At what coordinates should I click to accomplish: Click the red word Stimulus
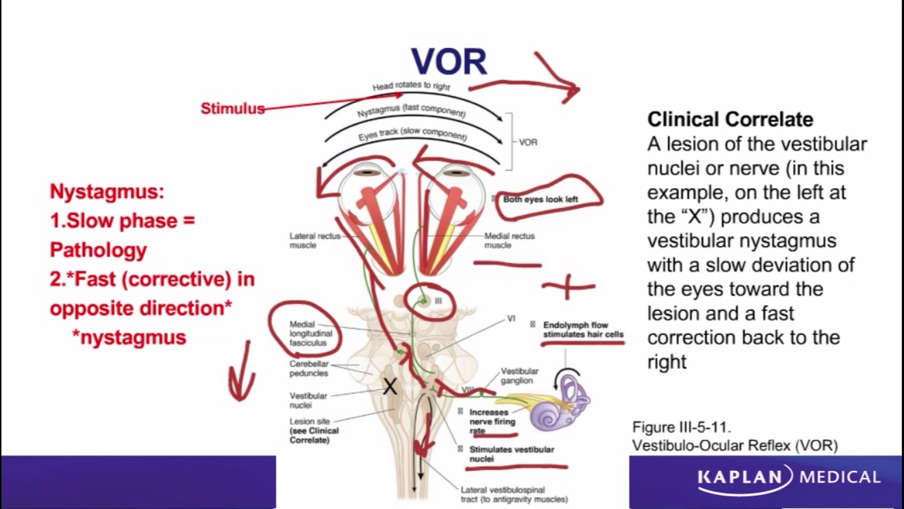click(x=233, y=108)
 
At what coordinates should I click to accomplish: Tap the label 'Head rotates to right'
click(x=411, y=86)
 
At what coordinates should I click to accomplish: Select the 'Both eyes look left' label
click(x=540, y=199)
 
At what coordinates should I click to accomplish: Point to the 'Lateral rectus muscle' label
click(x=315, y=240)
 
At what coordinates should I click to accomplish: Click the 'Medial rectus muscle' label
click(x=509, y=240)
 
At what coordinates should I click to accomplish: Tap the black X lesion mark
click(x=390, y=387)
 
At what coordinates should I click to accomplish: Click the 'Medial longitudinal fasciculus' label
click(x=311, y=334)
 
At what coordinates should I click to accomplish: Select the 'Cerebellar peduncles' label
click(x=309, y=369)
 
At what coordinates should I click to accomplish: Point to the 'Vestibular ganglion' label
click(x=519, y=376)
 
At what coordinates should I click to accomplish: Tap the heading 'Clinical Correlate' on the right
click(x=730, y=119)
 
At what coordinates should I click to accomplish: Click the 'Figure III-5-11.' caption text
click(x=681, y=427)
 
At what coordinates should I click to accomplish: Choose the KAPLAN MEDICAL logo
click(x=789, y=476)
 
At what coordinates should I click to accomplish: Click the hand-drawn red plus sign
click(x=568, y=286)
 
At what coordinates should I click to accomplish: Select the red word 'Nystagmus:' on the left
click(x=107, y=192)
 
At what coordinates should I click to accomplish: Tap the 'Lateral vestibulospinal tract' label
click(x=514, y=494)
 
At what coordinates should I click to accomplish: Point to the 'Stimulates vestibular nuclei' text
click(x=511, y=454)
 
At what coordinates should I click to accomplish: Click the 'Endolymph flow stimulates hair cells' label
click(x=582, y=329)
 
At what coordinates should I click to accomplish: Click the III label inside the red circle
click(x=438, y=301)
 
